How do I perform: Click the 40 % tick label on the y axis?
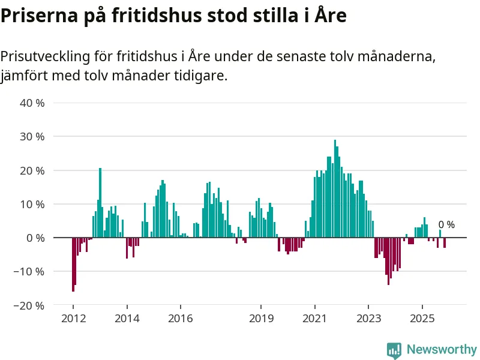[33, 103]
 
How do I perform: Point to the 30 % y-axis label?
[33, 136]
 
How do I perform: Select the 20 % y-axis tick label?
[33, 170]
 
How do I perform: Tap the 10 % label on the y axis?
[33, 204]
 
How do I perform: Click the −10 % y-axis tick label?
[31, 271]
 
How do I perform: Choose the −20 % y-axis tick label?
[31, 305]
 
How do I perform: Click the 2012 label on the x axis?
[73, 318]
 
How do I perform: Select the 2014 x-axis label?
[127, 318]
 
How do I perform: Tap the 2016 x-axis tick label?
[181, 318]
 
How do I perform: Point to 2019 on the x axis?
[261, 318]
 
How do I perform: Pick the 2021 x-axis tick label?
[315, 318]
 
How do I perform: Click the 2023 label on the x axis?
[369, 318]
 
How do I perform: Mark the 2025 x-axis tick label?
[422, 318]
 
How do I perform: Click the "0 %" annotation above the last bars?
[446, 225]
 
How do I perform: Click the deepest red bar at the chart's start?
[73, 265]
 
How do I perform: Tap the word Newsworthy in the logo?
[442, 349]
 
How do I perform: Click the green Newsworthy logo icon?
[394, 350]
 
